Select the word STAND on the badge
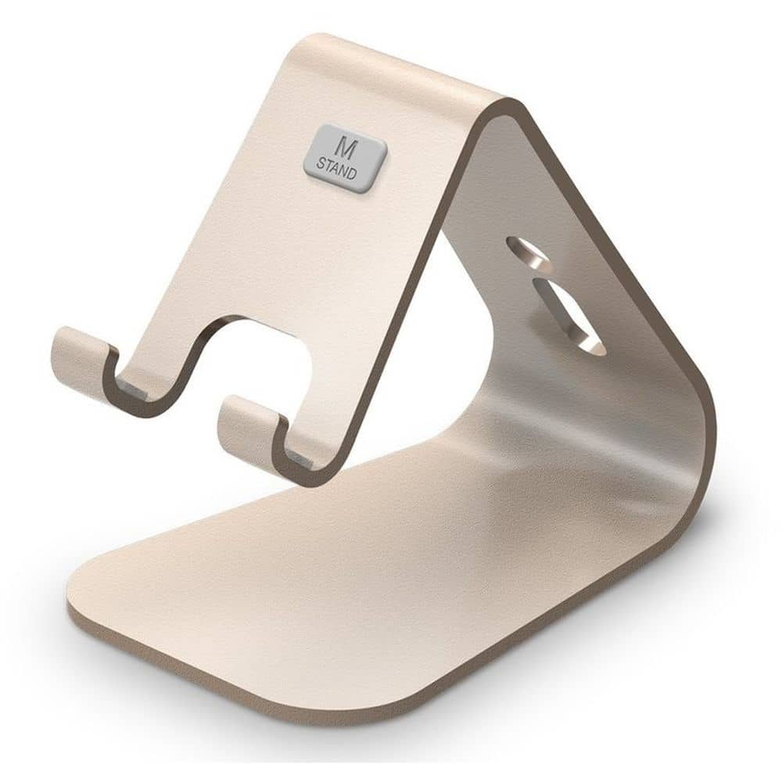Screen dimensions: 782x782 coord(336,167)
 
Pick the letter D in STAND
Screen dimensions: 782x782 coord(352,174)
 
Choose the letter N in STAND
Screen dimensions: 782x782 coord(344,170)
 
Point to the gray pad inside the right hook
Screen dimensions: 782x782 coord(301,461)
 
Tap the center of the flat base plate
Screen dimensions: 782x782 coord(375,579)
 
